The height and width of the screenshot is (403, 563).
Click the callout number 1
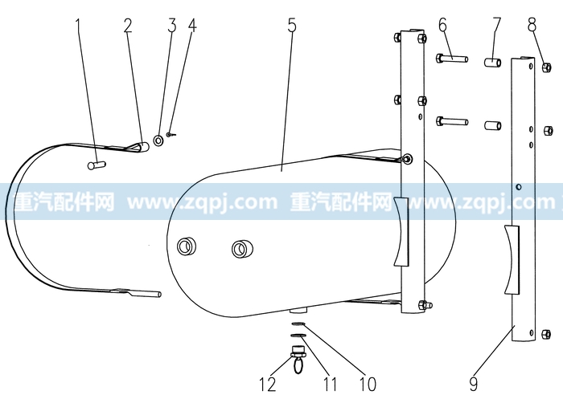click(79, 26)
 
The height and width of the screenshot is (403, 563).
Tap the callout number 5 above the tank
click(292, 26)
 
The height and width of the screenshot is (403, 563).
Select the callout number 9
click(474, 384)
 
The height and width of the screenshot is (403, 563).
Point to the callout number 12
click(268, 385)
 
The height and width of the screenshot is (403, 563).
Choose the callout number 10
click(368, 385)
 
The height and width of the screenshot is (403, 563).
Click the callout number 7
click(496, 25)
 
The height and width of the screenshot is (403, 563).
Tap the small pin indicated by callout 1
click(97, 165)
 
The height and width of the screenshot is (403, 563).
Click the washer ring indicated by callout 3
click(158, 140)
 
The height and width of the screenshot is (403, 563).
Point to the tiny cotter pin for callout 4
click(171, 135)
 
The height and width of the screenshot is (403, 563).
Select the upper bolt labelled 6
click(452, 58)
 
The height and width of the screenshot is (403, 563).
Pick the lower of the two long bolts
click(452, 121)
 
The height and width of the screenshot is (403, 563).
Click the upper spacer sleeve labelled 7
click(493, 63)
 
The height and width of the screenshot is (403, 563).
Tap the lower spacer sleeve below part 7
click(493, 125)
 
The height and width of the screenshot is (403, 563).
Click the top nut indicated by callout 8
click(546, 67)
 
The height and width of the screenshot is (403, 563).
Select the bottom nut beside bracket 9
click(545, 334)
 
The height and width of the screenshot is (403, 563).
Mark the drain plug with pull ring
click(298, 359)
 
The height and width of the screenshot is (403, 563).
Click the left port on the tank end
click(187, 246)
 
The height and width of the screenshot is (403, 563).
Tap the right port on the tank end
click(241, 249)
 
